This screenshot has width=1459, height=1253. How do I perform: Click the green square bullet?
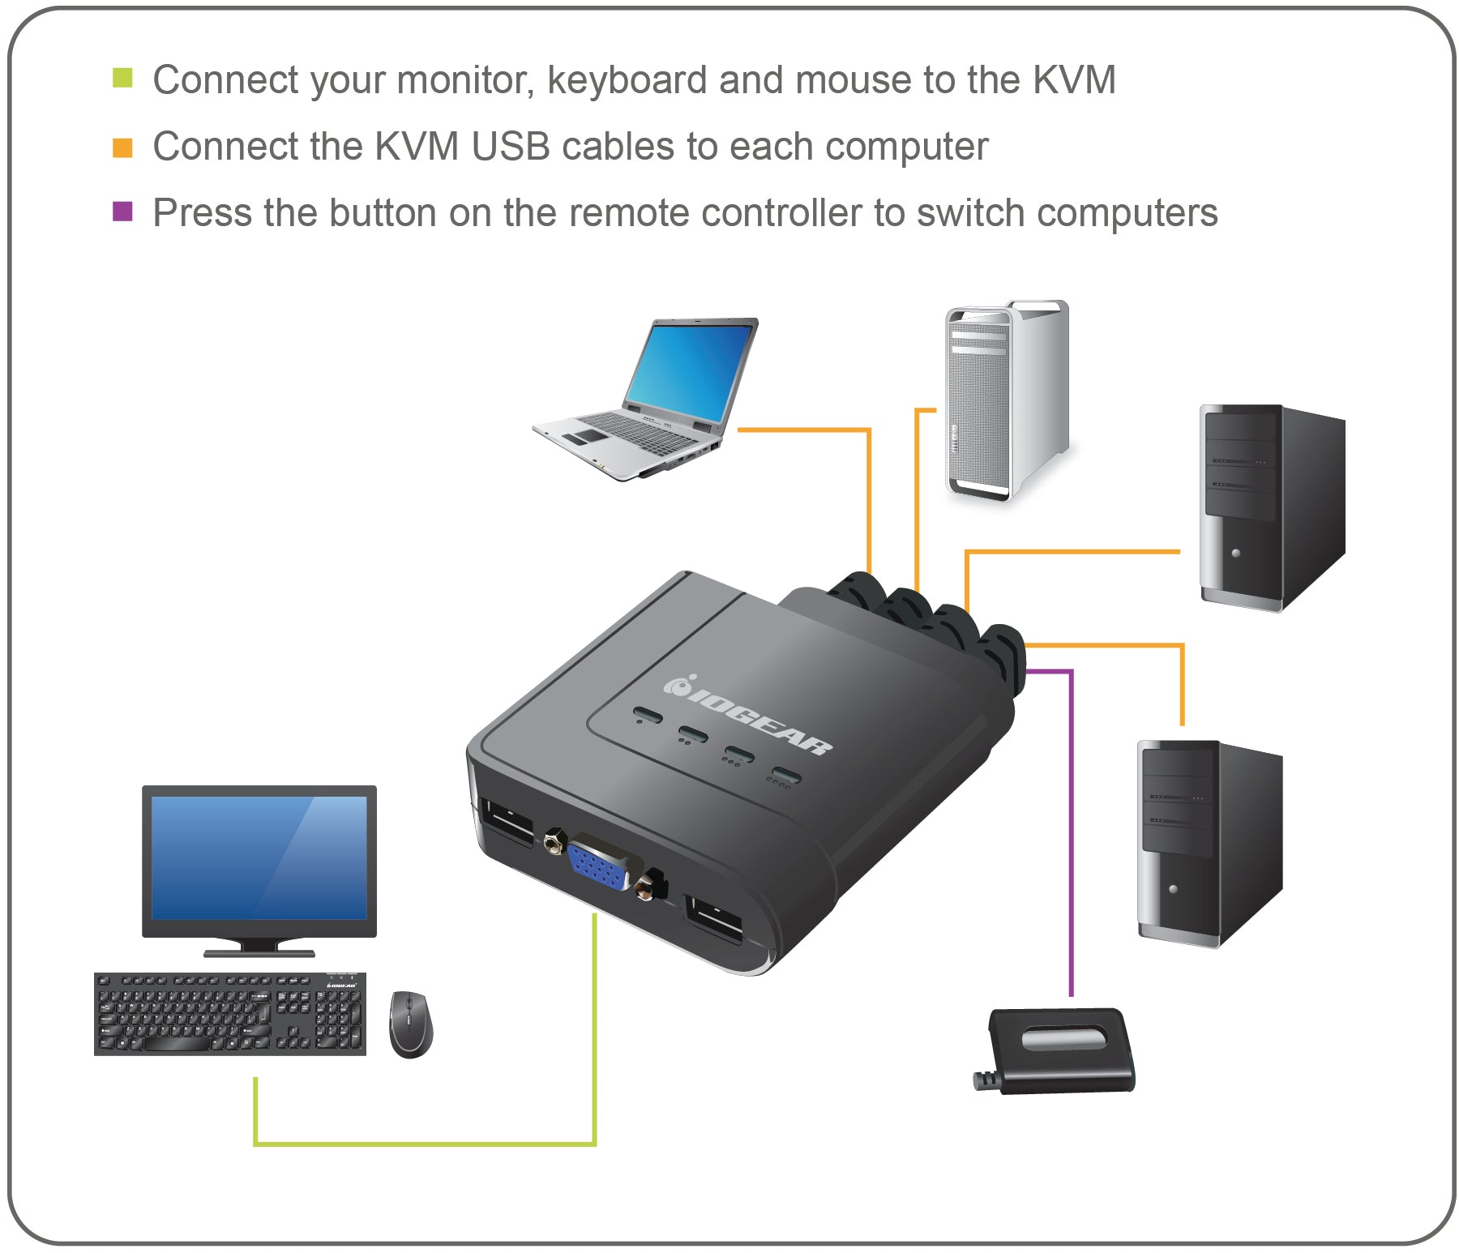click(122, 78)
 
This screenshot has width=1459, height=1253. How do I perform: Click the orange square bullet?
click(122, 148)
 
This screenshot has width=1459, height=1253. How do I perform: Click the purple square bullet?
click(122, 212)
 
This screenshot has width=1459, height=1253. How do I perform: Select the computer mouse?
click(410, 1024)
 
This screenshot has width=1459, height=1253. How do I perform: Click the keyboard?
click(230, 1014)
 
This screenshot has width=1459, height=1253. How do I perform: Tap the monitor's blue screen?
click(259, 857)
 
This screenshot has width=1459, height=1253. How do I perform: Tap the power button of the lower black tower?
click(1173, 889)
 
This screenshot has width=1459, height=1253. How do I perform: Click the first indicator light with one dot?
click(647, 716)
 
